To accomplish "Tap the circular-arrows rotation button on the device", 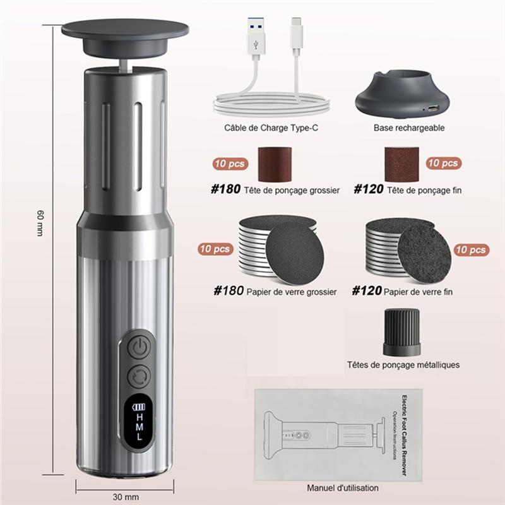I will coord(139,377).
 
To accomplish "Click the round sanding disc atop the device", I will coord(125,29).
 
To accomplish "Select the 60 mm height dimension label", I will coord(40,223).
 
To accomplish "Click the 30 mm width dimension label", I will coord(124,496).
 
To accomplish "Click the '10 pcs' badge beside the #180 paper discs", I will coord(215,249).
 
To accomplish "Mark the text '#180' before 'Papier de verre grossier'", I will coord(228,292).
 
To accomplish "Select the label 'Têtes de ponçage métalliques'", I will coord(403,365).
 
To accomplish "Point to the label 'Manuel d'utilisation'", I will coord(343,488).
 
